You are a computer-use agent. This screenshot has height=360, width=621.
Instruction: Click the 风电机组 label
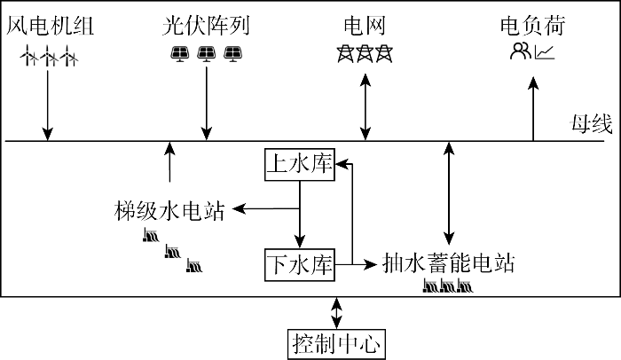[50, 25]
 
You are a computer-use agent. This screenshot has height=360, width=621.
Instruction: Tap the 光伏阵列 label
[207, 25]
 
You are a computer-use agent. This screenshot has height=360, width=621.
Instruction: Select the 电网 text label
[364, 25]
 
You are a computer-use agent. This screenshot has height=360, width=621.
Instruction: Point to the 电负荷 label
[532, 25]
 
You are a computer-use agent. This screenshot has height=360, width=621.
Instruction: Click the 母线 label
[590, 125]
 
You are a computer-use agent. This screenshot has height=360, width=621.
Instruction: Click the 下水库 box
[299, 263]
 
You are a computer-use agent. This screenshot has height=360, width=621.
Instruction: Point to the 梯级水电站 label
[169, 210]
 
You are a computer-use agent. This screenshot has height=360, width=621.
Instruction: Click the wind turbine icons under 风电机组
[50, 57]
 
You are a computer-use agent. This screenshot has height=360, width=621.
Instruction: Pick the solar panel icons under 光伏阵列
[207, 54]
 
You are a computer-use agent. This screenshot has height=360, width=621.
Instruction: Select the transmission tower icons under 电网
[364, 54]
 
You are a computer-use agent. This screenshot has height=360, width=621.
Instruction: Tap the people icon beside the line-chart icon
[520, 53]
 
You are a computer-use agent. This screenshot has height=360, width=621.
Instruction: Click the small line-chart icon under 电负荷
[545, 53]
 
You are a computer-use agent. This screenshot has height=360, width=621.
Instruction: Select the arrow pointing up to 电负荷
[532, 112]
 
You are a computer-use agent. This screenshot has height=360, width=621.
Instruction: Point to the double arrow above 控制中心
[336, 311]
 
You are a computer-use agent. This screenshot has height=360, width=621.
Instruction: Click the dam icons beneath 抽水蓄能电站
[446, 286]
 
